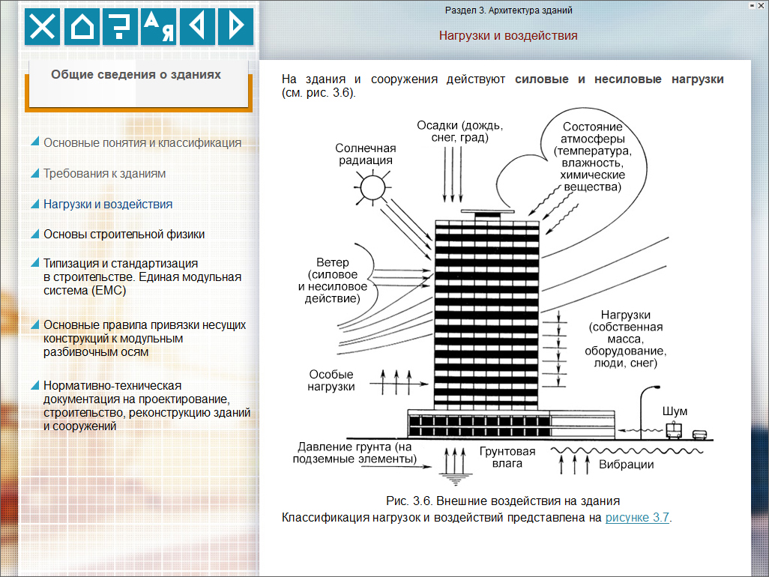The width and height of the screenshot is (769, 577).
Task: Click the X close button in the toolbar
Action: tap(42, 26)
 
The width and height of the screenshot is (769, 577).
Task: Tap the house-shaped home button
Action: tap(82, 26)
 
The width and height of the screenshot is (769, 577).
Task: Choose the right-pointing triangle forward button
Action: tap(236, 26)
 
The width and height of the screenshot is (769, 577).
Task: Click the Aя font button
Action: tap(159, 26)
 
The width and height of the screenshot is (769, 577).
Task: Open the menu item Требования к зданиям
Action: tap(104, 174)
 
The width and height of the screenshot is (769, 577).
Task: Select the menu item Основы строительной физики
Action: tap(124, 235)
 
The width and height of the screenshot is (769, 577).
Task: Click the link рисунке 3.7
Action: tap(637, 518)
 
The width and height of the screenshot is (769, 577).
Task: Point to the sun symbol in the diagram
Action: tap(373, 187)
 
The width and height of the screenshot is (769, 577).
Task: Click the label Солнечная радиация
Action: tap(365, 154)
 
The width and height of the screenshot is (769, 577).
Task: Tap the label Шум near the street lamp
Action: tap(675, 411)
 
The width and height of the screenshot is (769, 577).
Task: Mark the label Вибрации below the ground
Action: tap(627, 465)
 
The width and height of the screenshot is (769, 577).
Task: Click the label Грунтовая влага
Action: tap(507, 457)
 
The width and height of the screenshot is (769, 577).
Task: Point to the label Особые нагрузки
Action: tap(331, 381)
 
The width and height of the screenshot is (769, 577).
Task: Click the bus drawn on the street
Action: tap(674, 430)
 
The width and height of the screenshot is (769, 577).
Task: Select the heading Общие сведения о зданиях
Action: tap(136, 74)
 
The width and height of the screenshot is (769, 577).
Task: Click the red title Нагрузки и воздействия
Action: tap(508, 35)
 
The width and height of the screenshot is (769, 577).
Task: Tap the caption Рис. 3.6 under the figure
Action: tap(503, 501)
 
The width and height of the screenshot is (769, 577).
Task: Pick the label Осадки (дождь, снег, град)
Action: tap(460, 131)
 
